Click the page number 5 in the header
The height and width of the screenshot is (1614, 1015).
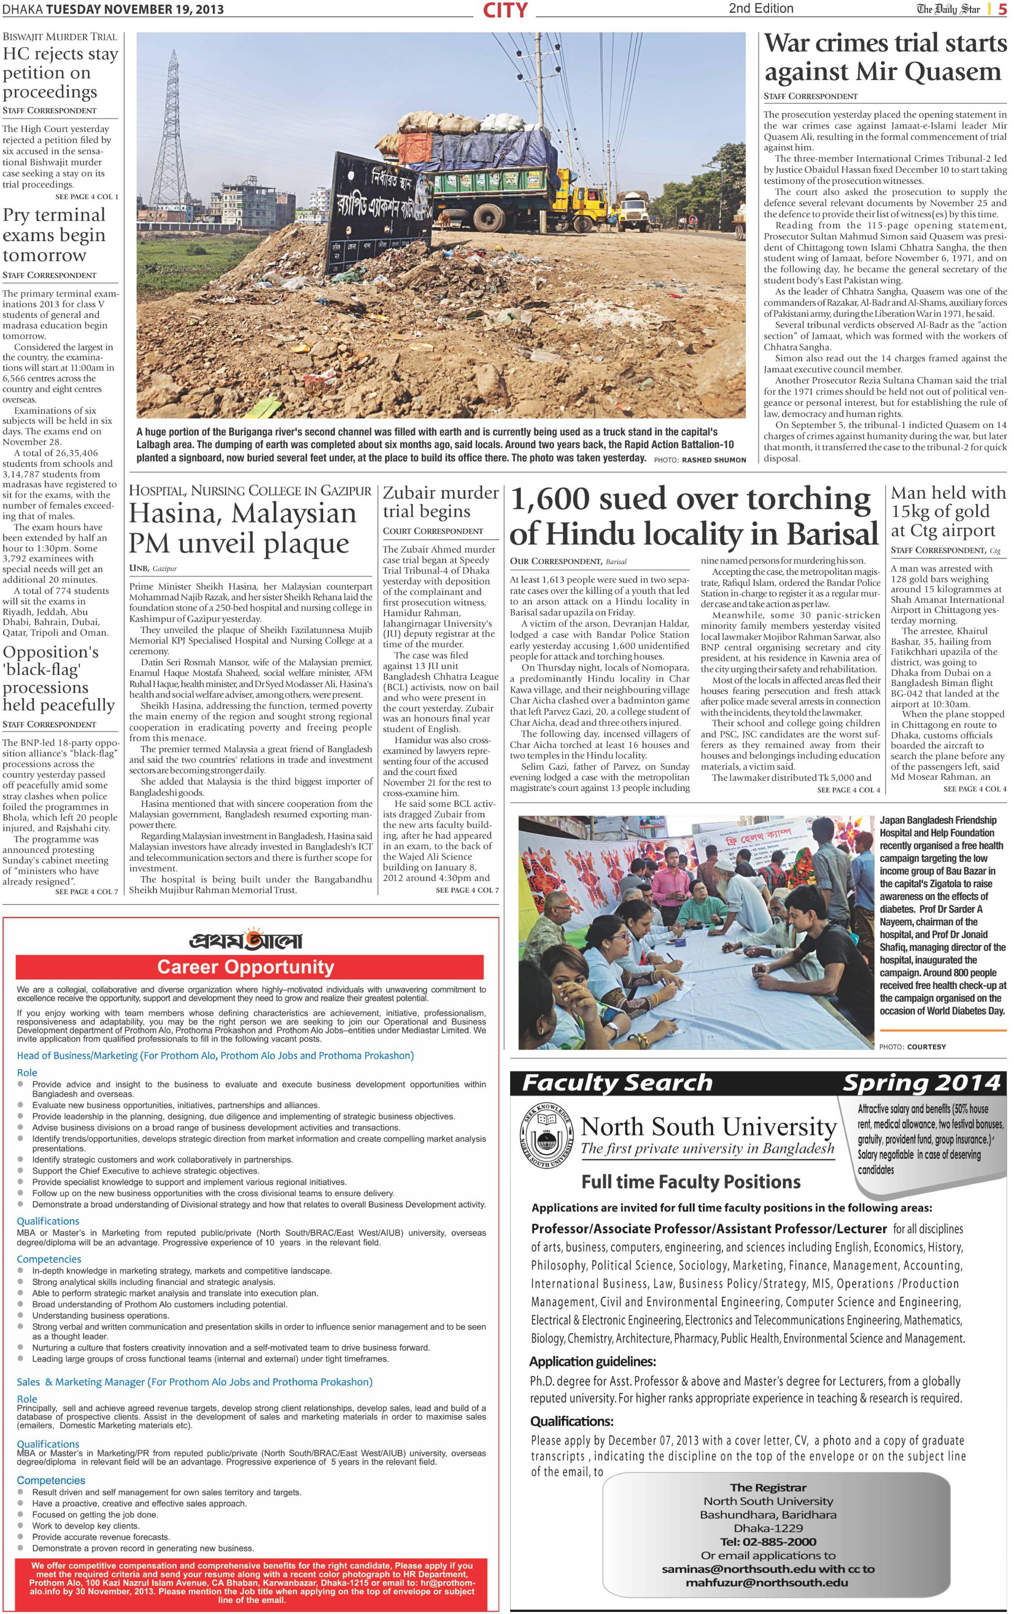(1002, 10)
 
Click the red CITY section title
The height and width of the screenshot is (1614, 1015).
(505, 10)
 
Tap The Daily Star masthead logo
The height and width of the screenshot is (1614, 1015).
(948, 10)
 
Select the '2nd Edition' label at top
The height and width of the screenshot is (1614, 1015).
(761, 9)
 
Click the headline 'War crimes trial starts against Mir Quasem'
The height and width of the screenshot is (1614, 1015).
(885, 57)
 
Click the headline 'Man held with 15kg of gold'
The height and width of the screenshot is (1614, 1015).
(948, 512)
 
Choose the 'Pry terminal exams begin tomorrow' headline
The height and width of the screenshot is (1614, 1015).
(54, 235)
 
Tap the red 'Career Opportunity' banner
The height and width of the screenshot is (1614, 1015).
(246, 966)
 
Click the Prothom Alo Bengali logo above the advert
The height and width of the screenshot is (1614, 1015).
(245, 939)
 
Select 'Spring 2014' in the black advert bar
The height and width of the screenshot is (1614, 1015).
(921, 1083)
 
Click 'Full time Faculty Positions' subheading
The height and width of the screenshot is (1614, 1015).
(690, 1182)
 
